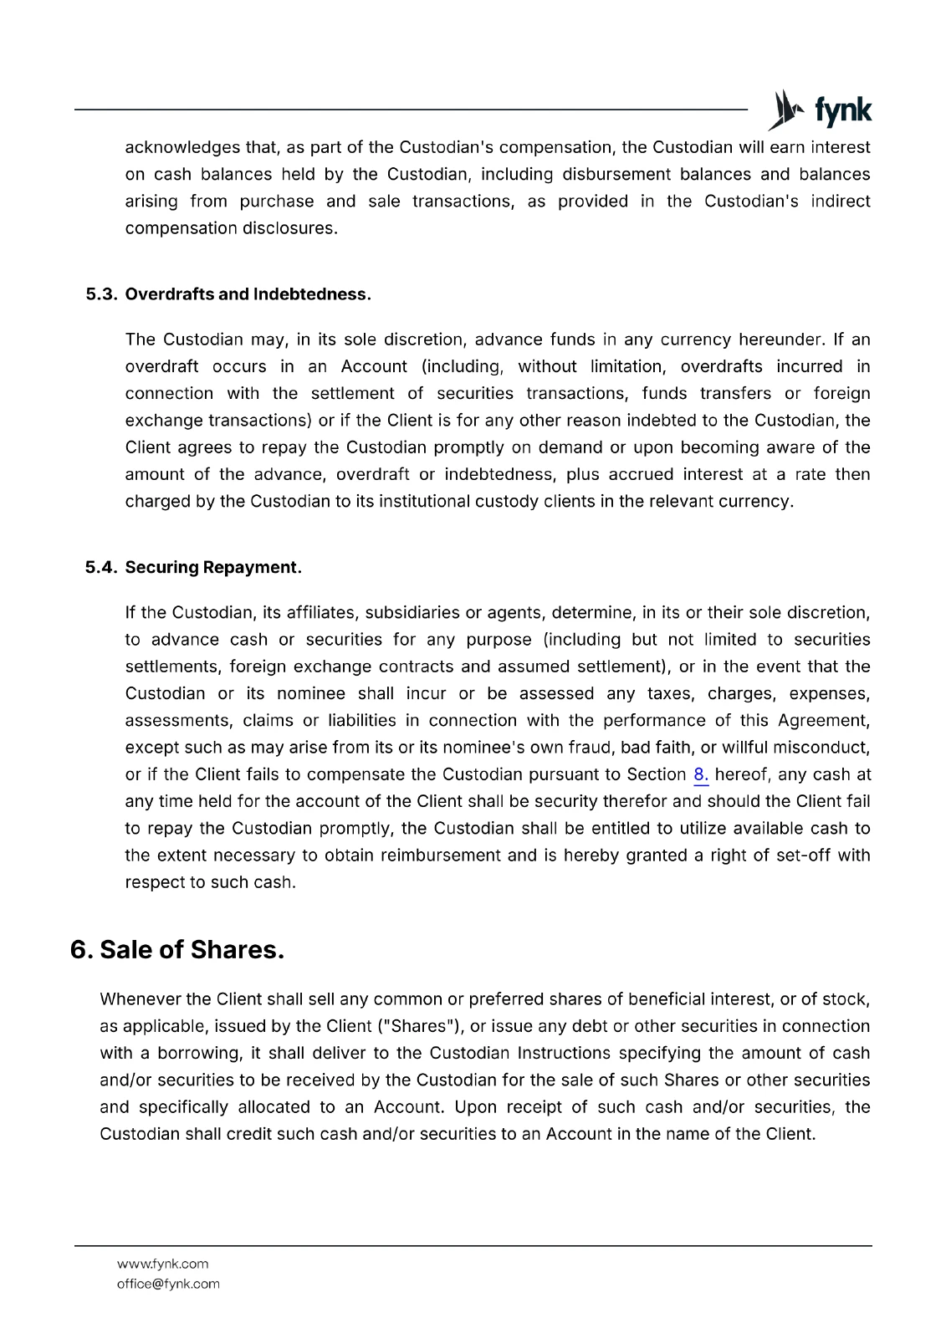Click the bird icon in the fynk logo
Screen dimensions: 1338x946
point(785,110)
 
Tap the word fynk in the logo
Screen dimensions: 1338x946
point(842,111)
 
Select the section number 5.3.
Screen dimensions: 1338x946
point(102,294)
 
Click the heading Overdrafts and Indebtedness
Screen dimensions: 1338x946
point(248,294)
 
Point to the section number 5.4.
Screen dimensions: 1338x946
point(102,568)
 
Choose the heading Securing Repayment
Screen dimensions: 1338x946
point(212,568)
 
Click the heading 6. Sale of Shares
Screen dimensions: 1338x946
point(177,950)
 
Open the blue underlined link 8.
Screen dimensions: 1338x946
point(701,775)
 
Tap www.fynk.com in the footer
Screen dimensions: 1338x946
point(162,1264)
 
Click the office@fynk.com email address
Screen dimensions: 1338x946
point(168,1284)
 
